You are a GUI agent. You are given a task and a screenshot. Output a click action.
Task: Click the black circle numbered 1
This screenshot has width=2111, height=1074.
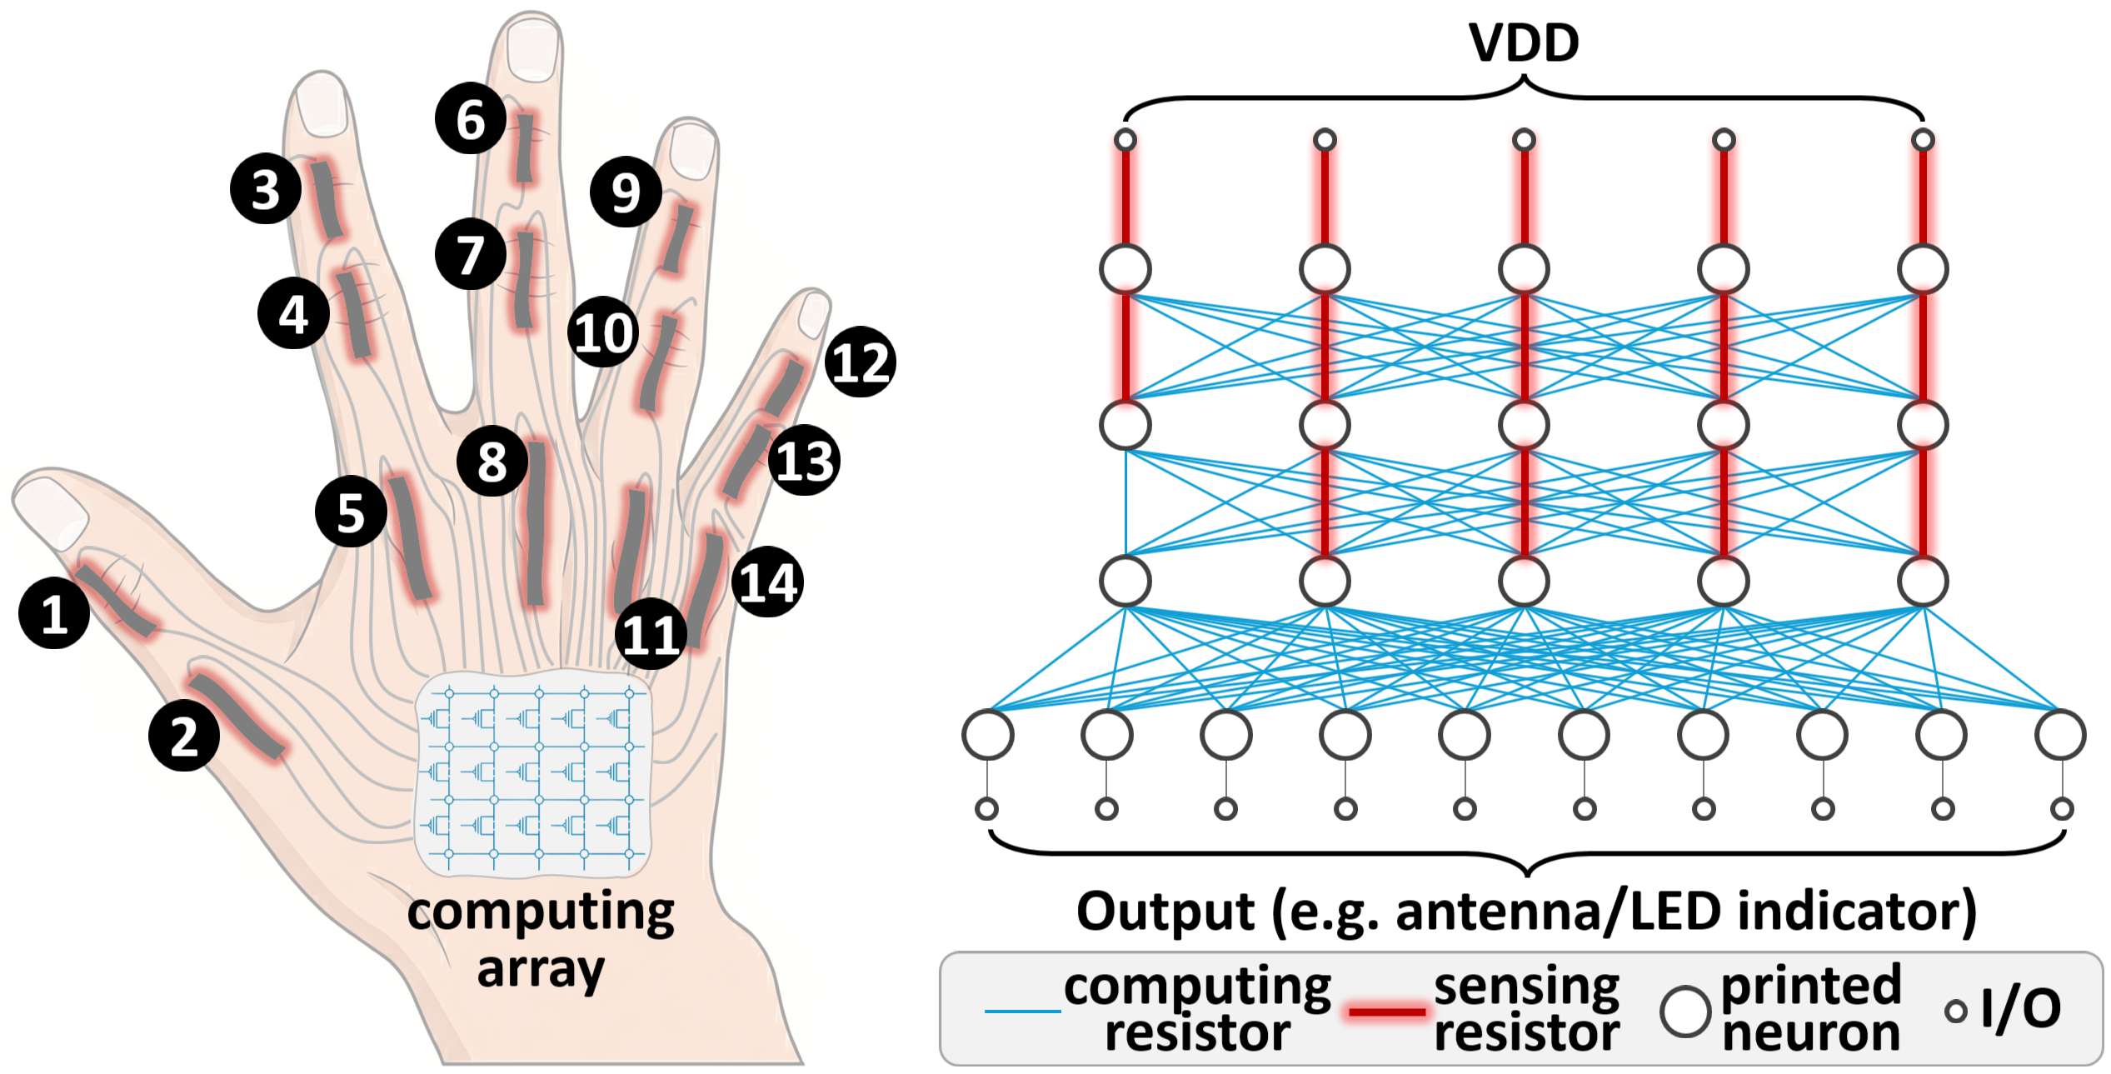tap(54, 613)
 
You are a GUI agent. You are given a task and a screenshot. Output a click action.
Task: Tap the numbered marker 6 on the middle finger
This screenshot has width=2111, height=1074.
tap(471, 118)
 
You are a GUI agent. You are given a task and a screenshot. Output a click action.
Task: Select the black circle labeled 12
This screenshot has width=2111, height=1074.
tap(861, 362)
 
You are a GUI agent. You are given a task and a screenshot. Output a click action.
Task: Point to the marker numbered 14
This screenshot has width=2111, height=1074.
tap(768, 582)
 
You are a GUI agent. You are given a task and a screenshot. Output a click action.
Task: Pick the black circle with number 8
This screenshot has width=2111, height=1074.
tap(492, 461)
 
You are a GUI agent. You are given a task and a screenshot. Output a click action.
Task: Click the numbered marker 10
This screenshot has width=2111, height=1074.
tap(604, 332)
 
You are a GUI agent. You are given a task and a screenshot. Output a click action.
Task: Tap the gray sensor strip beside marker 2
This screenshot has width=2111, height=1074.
tap(237, 717)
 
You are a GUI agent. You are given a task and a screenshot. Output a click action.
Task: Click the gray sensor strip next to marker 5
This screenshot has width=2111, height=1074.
tap(411, 537)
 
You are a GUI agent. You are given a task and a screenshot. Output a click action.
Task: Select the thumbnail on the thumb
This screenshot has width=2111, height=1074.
tap(50, 512)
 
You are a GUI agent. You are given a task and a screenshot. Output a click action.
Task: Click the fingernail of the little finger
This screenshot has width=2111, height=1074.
tap(812, 315)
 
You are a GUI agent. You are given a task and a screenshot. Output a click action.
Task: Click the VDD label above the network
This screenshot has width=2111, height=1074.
tap(1524, 42)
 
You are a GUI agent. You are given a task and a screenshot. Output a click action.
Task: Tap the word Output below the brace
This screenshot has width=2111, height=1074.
tap(1165, 912)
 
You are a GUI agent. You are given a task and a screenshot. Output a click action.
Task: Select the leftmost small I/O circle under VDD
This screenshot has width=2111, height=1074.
tap(1125, 140)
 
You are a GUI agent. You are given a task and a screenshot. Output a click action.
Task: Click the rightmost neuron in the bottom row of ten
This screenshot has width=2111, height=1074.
tap(2060, 735)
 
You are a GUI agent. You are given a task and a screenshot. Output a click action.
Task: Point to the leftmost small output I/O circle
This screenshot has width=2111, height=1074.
tap(987, 808)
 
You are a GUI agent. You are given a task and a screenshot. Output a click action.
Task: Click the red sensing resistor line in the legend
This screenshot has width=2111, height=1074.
tap(1387, 1012)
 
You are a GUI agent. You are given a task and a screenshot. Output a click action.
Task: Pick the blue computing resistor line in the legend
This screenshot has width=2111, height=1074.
tap(1023, 1012)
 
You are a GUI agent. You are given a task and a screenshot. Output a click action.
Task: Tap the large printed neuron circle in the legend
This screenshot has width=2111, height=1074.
tap(1685, 1012)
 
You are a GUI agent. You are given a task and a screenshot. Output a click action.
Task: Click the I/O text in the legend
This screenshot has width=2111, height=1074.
tap(2022, 1009)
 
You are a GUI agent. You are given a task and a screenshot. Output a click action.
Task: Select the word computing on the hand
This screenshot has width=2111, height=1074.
tap(541, 915)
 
